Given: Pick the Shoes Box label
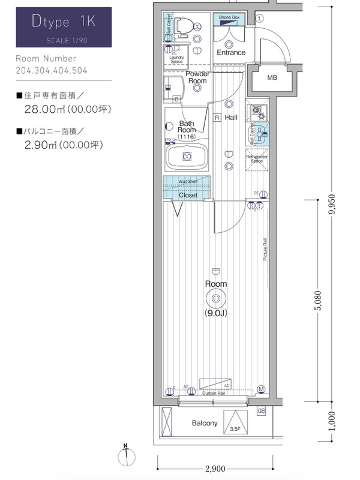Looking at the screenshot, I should tap(229, 18).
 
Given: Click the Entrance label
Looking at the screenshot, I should tap(231, 52).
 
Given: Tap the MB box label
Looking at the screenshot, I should tap(272, 78).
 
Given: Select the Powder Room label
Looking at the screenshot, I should tap(197, 77).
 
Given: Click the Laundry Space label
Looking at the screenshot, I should tap(176, 59).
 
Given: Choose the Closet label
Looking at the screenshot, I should tap(188, 196).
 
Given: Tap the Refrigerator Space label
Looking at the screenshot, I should tap(257, 159).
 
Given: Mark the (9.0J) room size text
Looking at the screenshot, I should tap(215, 313).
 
